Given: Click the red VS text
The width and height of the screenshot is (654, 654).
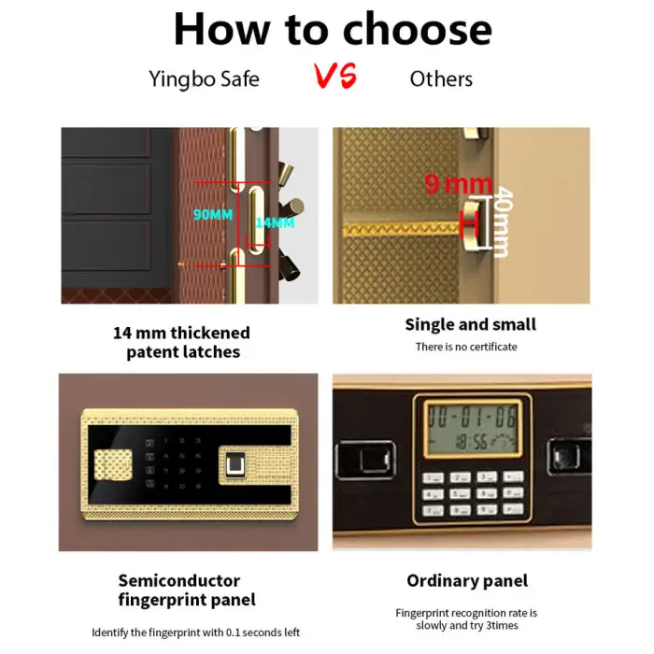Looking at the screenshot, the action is pos(335,76).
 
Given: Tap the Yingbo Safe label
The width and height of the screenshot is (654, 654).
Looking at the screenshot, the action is pos(204,79).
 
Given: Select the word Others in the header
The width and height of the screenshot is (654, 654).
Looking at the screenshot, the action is pos(441,78).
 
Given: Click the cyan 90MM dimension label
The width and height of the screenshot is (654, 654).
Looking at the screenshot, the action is pos(213,214).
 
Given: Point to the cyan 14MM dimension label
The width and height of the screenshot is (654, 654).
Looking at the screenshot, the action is pos(275,222).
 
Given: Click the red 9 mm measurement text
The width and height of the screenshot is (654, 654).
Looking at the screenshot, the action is pos(459,184).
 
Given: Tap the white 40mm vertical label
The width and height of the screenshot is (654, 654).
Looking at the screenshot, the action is pos(503,221).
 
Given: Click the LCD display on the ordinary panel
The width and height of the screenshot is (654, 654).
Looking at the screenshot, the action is pos(473,428).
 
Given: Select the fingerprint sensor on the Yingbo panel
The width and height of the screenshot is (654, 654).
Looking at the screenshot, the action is pos(235,463).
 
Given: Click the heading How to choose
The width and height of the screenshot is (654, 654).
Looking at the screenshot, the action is pos(333,29).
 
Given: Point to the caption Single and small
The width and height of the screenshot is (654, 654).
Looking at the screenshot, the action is pos(471,324).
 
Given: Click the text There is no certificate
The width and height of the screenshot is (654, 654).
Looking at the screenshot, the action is pos(466,347).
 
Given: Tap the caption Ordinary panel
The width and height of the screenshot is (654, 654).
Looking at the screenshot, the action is pos(467,580).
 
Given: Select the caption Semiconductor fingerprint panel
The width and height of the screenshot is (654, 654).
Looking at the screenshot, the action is pos(187,590).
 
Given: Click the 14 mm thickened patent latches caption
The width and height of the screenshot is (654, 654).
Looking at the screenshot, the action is pos(182,343).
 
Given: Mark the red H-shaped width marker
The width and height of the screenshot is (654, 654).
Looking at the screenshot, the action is pos(469,223).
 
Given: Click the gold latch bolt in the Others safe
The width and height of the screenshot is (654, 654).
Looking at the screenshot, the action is pos(475,226).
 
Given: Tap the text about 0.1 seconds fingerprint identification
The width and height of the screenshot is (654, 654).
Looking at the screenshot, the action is pos(195,633).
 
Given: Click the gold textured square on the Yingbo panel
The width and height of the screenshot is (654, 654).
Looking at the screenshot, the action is pos(113,464).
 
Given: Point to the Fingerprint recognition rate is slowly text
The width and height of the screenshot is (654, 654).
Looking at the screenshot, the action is pos(466,618).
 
